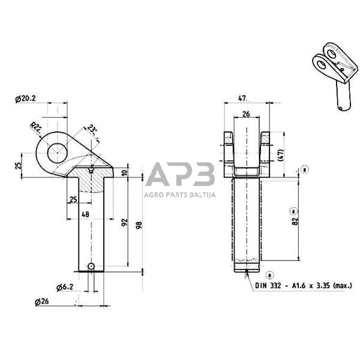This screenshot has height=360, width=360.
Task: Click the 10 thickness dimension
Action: tap(124, 173)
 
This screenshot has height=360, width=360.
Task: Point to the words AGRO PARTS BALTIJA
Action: tap(180, 194)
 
